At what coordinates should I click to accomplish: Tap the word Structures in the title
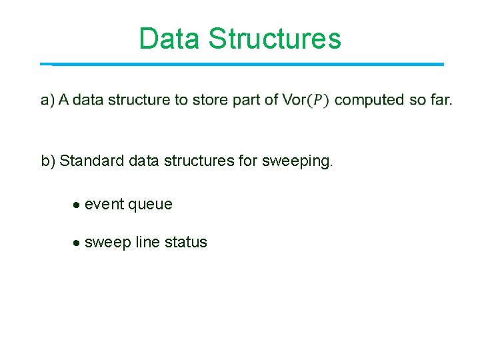(x=275, y=39)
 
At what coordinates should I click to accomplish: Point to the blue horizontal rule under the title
(x=247, y=64)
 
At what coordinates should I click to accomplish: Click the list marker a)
(x=47, y=100)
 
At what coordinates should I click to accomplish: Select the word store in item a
(x=209, y=100)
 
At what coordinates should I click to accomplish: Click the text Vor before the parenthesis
(x=294, y=100)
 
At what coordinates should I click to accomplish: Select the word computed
(x=369, y=100)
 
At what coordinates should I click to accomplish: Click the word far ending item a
(x=441, y=100)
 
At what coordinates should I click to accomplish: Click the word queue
(x=150, y=205)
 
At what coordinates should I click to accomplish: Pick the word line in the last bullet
(x=147, y=243)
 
